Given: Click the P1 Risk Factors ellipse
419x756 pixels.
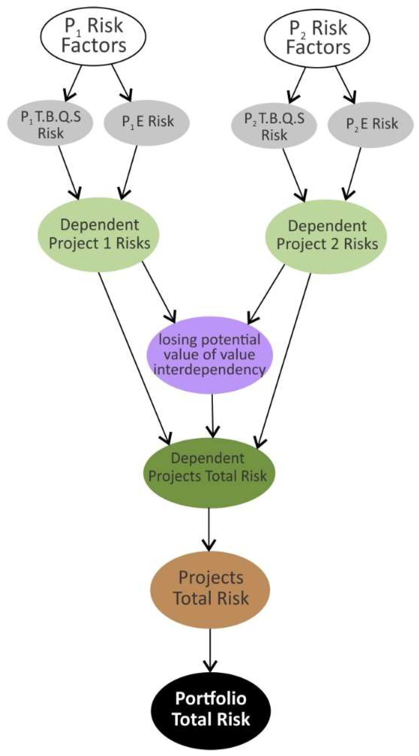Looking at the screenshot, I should coord(93,37).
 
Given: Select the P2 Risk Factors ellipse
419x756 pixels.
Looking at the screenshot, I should coord(317,38).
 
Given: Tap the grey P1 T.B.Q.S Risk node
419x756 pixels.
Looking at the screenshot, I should coord(50,123).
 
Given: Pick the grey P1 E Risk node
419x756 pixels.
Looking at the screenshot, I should coord(147,122).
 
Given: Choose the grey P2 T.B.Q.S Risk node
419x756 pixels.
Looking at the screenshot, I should coord(274,125).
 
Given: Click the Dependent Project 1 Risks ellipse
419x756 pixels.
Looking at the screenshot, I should coord(99,234).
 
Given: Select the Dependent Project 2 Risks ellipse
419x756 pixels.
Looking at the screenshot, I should coord(326,236).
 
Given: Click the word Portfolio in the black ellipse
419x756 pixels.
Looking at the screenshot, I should coord(211,699).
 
